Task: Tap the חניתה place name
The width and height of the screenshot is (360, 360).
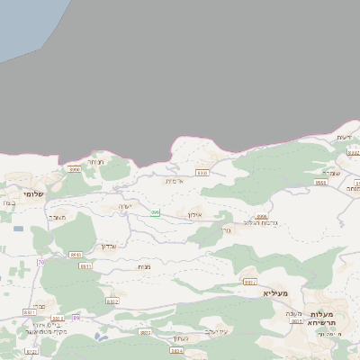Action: pos(96,161)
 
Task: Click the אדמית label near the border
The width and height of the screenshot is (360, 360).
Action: pos(175,181)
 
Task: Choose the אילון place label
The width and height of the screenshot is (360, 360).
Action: pos(194,216)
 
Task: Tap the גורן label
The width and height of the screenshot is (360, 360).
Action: pos(226,229)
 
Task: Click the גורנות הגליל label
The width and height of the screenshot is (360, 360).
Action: pos(261,223)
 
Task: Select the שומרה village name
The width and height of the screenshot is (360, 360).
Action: pos(329,173)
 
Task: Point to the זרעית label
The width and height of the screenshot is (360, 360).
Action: pos(343,136)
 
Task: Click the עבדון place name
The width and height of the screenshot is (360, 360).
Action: pos(108,245)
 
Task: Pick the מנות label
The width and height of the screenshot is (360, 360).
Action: pos(144,266)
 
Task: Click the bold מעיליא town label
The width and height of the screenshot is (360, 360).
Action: pos(274,293)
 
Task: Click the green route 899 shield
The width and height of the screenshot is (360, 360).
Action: pos(155,212)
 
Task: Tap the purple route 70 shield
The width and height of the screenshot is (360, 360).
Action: pos(40,262)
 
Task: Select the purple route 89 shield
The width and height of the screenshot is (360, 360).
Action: pos(76,318)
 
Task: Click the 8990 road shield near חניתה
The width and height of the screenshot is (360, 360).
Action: pos(74,168)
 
